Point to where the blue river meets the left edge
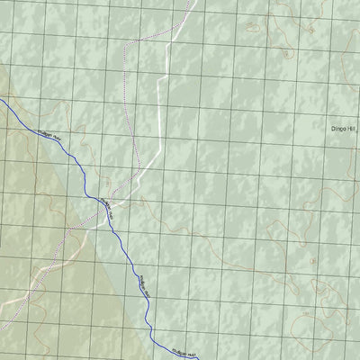(1, 101)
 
